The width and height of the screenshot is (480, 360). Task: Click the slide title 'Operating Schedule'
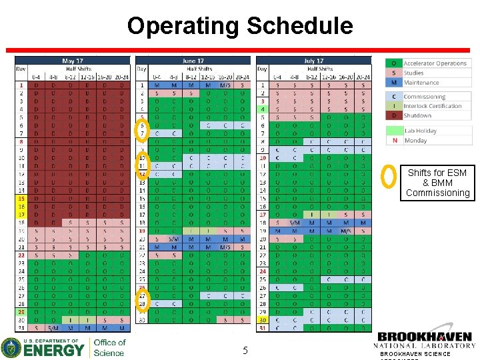click(x=240, y=26)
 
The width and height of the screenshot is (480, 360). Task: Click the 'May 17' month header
click(x=72, y=61)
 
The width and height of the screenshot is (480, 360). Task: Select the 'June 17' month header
click(x=193, y=61)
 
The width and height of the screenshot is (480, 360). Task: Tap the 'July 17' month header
click(x=313, y=61)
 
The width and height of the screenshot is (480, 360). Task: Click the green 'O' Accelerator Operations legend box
click(x=393, y=63)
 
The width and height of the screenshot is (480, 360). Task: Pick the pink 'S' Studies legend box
click(x=393, y=73)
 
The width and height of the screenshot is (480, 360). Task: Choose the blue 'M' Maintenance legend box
click(x=393, y=83)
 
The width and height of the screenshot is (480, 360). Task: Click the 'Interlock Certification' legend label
click(x=432, y=106)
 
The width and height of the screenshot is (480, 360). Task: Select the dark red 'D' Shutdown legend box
click(x=393, y=115)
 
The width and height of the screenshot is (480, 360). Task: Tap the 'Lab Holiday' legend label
click(x=420, y=131)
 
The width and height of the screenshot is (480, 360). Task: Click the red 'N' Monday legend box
click(x=393, y=141)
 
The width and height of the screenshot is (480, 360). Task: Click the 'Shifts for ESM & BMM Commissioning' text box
click(x=438, y=183)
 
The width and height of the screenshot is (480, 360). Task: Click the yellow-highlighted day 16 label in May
click(x=21, y=206)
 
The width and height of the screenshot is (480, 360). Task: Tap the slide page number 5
click(x=245, y=351)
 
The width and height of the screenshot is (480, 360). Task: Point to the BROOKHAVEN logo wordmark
click(x=425, y=338)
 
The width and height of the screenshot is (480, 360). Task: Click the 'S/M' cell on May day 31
click(x=53, y=328)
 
